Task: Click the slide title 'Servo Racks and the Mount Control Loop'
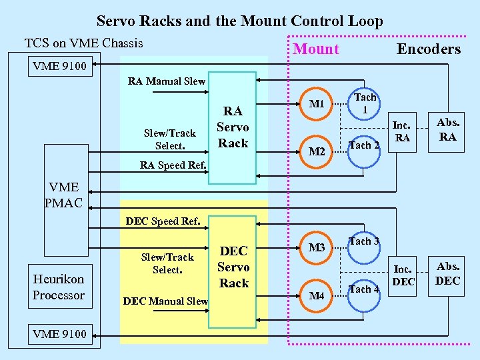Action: (240, 21)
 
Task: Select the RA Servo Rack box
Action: (233, 127)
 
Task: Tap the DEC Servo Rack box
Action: (234, 267)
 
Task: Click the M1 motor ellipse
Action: (317, 104)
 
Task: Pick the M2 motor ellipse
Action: (317, 152)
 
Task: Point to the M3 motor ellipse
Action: (317, 248)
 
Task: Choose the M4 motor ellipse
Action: (317, 295)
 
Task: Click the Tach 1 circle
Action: (365, 104)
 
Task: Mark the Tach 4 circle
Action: (365, 290)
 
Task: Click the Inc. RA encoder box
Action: (402, 131)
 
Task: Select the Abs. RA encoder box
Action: (447, 129)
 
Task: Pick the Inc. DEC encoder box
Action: (403, 275)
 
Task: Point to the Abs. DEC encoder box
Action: (447, 274)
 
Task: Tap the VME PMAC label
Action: (63, 195)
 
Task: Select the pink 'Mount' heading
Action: (316, 49)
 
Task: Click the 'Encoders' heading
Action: (429, 49)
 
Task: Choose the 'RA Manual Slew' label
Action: (167, 81)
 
